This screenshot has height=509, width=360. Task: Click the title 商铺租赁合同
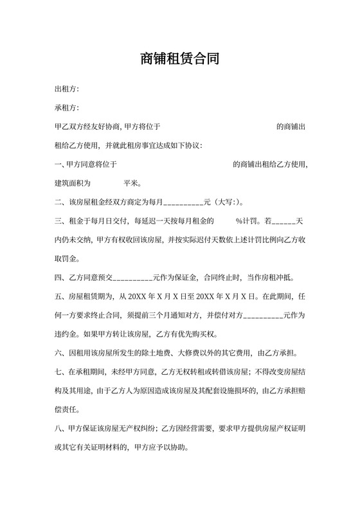pyautogui.click(x=179, y=60)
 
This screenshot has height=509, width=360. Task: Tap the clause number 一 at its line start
pyautogui.click(x=59, y=165)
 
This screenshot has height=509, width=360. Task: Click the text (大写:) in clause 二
pyautogui.click(x=228, y=202)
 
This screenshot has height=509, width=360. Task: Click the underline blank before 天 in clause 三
pyautogui.click(x=283, y=222)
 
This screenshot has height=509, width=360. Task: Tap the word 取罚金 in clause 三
pyautogui.click(x=66, y=259)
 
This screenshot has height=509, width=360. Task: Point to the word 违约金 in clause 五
pyautogui.click(x=66, y=334)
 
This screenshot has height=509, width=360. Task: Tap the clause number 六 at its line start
pyautogui.click(x=59, y=353)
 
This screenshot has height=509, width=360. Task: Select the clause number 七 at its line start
pyautogui.click(x=59, y=372)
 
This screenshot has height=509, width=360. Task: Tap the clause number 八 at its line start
pyautogui.click(x=59, y=428)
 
